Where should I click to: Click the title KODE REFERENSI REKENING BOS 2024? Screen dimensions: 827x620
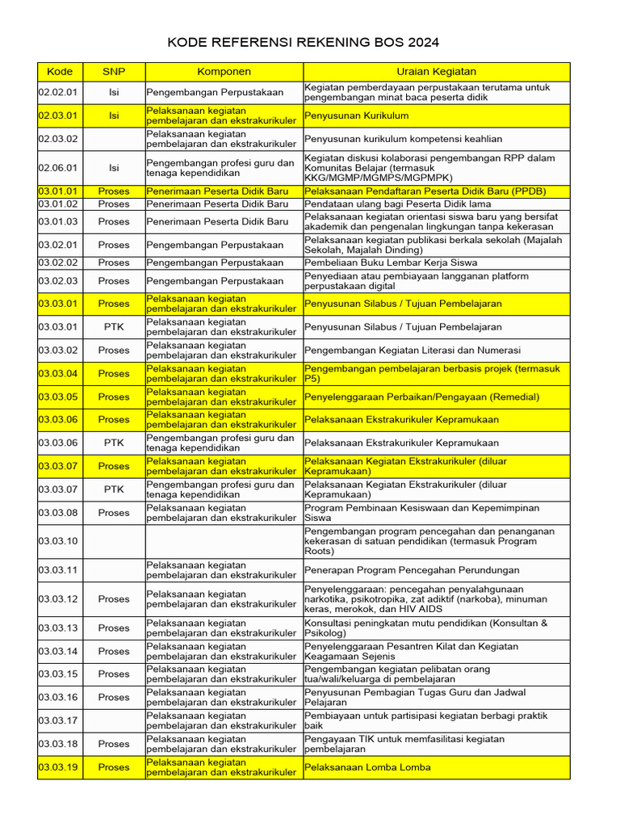(x=304, y=43)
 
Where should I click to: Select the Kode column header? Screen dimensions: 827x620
(x=60, y=72)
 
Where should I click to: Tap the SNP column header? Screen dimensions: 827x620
(x=113, y=72)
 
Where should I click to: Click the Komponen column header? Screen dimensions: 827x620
(x=224, y=72)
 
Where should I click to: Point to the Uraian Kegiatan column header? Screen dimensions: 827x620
(x=436, y=72)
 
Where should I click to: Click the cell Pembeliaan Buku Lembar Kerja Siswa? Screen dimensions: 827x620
(x=391, y=262)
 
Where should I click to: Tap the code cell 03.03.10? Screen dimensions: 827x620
(x=58, y=541)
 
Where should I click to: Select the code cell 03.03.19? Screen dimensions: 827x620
(x=58, y=767)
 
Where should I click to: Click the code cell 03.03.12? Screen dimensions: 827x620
(x=58, y=599)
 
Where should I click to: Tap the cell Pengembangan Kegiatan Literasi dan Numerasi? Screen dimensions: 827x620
(x=413, y=351)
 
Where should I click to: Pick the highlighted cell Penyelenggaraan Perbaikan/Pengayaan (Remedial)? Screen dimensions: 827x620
(x=422, y=397)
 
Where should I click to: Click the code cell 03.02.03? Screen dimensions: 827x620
(x=58, y=281)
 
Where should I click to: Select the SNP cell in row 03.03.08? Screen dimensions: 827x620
(x=113, y=513)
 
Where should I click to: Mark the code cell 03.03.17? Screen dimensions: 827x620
(x=58, y=720)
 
